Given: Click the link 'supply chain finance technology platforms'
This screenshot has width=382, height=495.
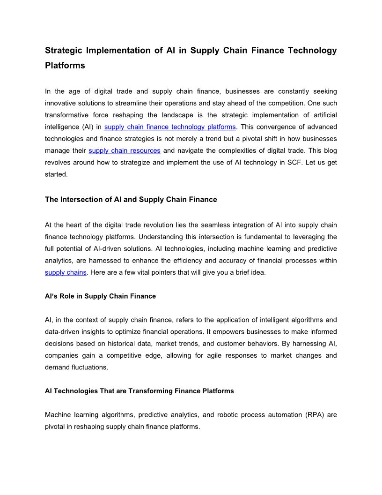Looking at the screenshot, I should [170, 127].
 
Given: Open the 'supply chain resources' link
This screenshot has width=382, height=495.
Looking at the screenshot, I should [125, 150].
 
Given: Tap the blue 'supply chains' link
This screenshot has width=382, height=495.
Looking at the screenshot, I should [66, 272].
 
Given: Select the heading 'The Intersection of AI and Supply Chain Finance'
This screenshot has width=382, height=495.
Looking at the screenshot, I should [131, 200].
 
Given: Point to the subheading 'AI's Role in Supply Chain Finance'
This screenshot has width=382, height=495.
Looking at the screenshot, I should [100, 296].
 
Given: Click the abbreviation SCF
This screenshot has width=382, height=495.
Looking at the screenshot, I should [290, 163].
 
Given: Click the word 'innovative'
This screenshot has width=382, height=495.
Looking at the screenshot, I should [63, 103].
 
